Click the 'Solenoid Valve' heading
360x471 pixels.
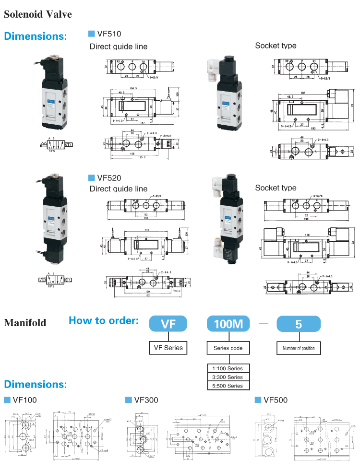click(38, 14)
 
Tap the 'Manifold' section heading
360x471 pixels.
click(25, 322)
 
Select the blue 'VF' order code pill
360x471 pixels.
click(168, 324)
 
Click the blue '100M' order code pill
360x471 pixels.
click(228, 324)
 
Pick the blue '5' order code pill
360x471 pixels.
click(298, 324)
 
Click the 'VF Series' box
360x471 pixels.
click(168, 348)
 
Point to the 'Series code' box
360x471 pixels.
click(228, 348)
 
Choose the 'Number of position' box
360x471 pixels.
click(299, 348)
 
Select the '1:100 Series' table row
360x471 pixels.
click(228, 368)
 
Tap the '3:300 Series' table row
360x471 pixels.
click(228, 377)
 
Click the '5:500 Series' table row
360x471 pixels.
click(228, 386)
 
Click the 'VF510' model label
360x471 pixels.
click(109, 34)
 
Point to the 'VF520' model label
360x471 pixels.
click(109, 177)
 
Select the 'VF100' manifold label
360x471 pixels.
click(24, 400)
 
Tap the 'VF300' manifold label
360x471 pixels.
click(146, 400)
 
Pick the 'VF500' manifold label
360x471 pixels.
click(276, 400)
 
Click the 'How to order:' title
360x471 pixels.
click(103, 320)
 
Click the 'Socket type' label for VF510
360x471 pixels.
click(276, 46)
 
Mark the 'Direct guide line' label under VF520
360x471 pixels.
click(119, 188)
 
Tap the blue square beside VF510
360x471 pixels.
click(91, 34)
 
